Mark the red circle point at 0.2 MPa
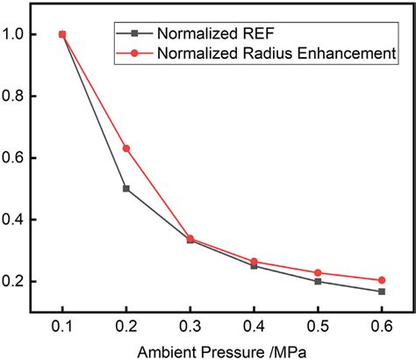[x=126, y=148]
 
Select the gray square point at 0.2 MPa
[x=126, y=189]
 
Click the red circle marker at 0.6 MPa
[x=383, y=280]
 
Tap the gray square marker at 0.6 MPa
[x=383, y=292]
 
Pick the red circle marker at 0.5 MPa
[x=319, y=272]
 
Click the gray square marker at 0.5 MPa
[x=319, y=281]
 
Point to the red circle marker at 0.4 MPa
[x=255, y=262]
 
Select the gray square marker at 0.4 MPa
[x=255, y=266]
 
